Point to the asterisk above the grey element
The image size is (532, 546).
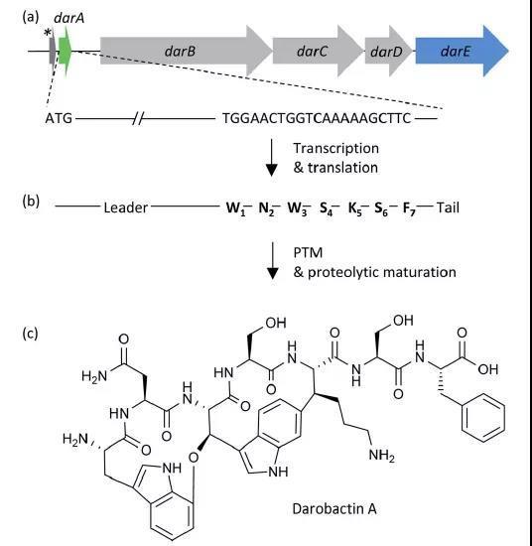pos(48,34)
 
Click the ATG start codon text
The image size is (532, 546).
pos(59,118)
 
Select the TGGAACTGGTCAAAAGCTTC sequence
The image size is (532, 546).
pos(317,118)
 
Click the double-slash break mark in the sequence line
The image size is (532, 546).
pos(138,119)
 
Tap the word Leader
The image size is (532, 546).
pos(126,207)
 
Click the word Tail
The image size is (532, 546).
pos(448,207)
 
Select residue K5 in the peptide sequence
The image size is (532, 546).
pos(355,208)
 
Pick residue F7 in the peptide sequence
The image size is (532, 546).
pos(410,208)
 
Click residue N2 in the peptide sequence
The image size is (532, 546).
pos(266,208)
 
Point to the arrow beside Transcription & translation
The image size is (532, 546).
pos(272,158)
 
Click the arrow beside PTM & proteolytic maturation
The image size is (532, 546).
pos(272,260)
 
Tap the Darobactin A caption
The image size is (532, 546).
pos(334,508)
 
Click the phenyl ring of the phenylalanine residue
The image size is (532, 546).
pos(483,418)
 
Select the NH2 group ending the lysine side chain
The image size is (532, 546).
pos(381,455)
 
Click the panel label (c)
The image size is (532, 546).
pos(31,334)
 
